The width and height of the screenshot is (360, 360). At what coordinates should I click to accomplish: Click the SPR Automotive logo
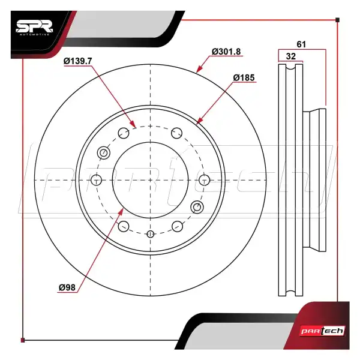pyautogui.click(x=34, y=28)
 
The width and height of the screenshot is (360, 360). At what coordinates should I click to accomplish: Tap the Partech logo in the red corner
pyautogui.click(x=323, y=331)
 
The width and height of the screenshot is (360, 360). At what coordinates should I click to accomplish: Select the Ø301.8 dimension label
pyautogui.click(x=226, y=52)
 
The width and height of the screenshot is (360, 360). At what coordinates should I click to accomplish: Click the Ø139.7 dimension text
pyautogui.click(x=77, y=61)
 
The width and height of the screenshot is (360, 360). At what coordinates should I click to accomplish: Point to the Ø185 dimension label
pyautogui.click(x=244, y=78)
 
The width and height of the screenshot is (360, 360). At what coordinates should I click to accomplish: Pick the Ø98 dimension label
pyautogui.click(x=67, y=287)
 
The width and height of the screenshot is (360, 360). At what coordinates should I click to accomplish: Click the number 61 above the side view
pyautogui.click(x=301, y=44)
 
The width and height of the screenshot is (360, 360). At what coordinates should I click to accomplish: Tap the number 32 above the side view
pyautogui.click(x=291, y=56)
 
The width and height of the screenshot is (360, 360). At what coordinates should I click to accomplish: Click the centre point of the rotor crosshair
pyautogui.click(x=150, y=180)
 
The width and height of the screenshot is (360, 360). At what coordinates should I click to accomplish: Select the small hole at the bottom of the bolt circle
pyautogui.click(x=150, y=234)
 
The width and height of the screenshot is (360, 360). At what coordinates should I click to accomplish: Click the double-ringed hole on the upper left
pyautogui.click(x=104, y=152)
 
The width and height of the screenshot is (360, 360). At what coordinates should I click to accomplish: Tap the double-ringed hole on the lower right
pyautogui.click(x=197, y=207)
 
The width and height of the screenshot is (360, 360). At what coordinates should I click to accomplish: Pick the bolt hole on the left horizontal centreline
pyautogui.click(x=97, y=180)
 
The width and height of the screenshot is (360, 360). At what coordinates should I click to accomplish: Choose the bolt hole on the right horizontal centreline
pyautogui.click(x=204, y=180)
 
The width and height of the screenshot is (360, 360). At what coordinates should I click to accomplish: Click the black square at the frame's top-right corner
pyautogui.click(x=337, y=20)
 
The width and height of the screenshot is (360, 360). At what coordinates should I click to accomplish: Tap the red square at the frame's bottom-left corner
pyautogui.click(x=23, y=340)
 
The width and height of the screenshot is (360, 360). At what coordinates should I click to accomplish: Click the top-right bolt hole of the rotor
pyautogui.click(x=177, y=133)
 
